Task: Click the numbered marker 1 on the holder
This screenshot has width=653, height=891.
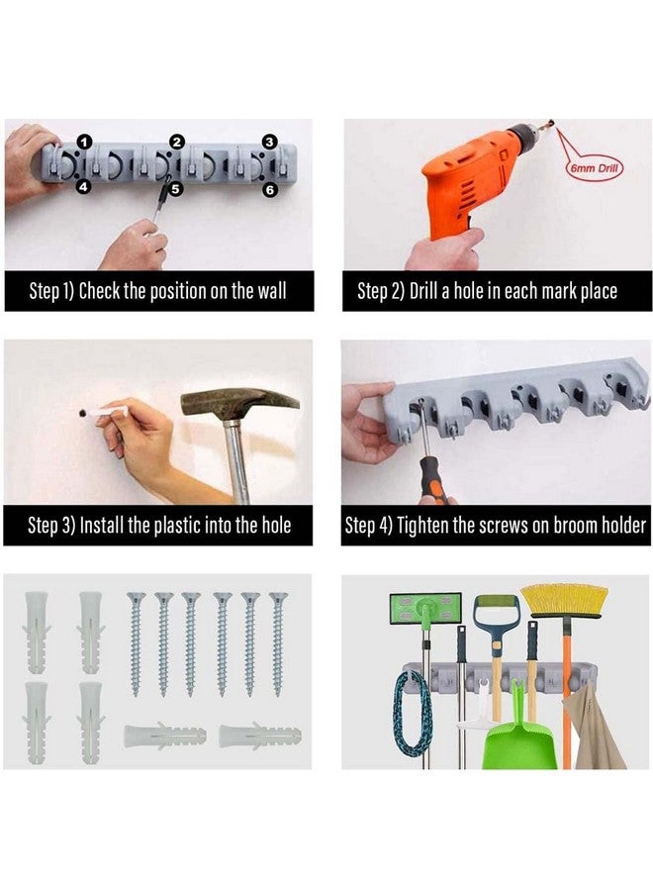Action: pyautogui.click(x=84, y=142)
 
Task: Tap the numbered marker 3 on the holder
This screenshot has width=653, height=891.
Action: pyautogui.click(x=270, y=142)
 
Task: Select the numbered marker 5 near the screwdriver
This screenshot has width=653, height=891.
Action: pyautogui.click(x=175, y=188)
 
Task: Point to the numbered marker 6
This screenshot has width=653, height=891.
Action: pyautogui.click(x=270, y=190)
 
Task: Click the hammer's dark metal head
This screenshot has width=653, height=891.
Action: pyautogui.click(x=237, y=402)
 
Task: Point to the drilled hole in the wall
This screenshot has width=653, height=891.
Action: pyautogui.click(x=83, y=413)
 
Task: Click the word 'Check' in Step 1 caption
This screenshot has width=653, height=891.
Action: pyautogui.click(x=99, y=291)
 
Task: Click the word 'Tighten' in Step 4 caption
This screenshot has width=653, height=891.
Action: pyautogui.click(x=421, y=525)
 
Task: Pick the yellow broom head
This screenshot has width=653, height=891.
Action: pyautogui.click(x=564, y=601)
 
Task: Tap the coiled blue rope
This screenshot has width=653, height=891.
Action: pyautogui.click(x=413, y=714)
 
